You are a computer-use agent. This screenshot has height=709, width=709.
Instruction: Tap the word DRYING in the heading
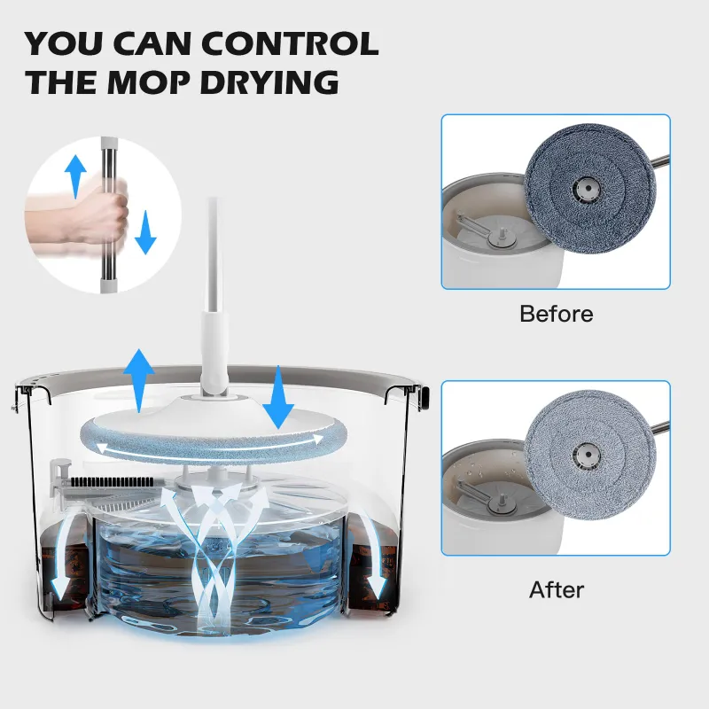(266, 82)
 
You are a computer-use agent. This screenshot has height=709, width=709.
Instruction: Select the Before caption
(556, 314)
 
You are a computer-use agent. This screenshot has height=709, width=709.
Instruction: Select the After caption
(557, 588)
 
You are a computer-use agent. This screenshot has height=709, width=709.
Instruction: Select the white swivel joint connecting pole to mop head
(215, 381)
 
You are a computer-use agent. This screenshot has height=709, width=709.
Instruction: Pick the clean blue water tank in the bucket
(217, 567)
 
